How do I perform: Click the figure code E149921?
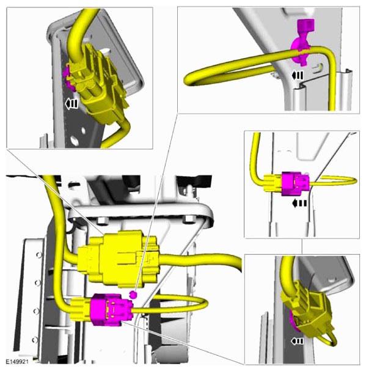tap(17, 362)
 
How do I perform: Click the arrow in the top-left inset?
tap(71, 104)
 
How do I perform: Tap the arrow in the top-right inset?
tap(297, 76)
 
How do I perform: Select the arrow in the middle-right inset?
tap(299, 204)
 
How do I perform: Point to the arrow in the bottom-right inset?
tap(297, 341)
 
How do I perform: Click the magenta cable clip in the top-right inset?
tap(302, 42)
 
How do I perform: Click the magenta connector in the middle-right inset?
tap(295, 184)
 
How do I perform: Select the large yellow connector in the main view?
tap(119, 260)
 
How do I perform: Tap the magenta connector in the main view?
tap(110, 309)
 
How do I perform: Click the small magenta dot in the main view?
tap(133, 295)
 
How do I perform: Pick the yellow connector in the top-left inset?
tap(97, 85)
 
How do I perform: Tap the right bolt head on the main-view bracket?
tap(188, 219)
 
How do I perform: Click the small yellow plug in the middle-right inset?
tap(273, 183)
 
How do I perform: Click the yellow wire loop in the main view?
tap(203, 303)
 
